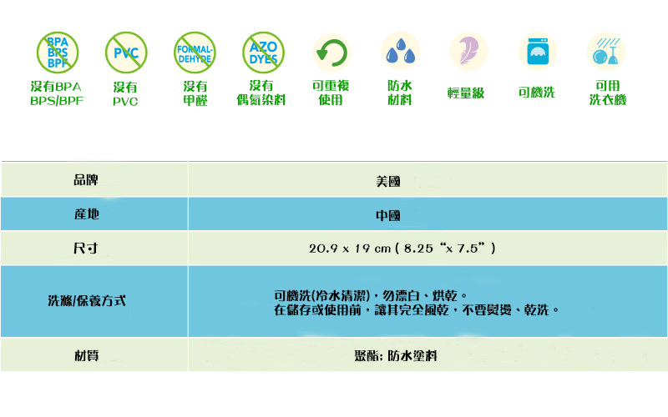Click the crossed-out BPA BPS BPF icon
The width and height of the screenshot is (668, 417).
57,53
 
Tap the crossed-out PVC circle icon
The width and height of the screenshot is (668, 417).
126,53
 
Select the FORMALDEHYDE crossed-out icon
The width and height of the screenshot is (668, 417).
195,53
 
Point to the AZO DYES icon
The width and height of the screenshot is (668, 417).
263,53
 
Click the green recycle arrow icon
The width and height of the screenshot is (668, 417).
331,53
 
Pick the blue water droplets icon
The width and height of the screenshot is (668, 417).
400,53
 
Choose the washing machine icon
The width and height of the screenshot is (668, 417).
537,52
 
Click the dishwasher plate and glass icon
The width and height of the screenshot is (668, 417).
606,52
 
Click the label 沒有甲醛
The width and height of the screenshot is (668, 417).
195,93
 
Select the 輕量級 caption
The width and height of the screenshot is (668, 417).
466,93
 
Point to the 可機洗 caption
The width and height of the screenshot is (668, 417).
536,93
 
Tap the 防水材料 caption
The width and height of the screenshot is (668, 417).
400,93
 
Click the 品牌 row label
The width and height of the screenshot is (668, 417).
86,179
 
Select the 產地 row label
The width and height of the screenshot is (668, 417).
86,214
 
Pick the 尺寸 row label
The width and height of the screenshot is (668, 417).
86,249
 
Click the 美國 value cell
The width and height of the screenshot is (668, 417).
388,180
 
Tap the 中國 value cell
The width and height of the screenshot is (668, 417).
388,215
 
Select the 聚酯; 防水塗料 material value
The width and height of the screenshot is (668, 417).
396,355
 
